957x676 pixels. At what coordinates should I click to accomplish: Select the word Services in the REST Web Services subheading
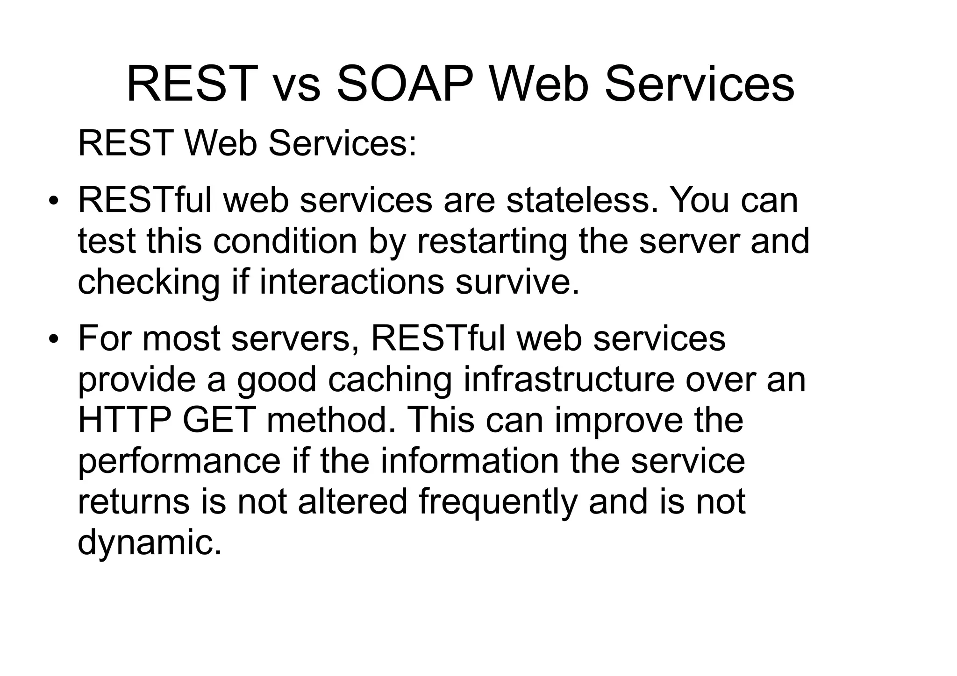(342, 143)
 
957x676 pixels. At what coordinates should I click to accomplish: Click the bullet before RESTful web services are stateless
(54, 201)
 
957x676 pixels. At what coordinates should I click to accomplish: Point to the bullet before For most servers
(54, 339)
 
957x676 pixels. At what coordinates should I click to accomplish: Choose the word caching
(390, 379)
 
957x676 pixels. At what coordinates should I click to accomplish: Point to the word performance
(179, 461)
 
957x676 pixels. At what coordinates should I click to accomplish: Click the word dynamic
(149, 542)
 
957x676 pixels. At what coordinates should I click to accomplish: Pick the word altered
(352, 501)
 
